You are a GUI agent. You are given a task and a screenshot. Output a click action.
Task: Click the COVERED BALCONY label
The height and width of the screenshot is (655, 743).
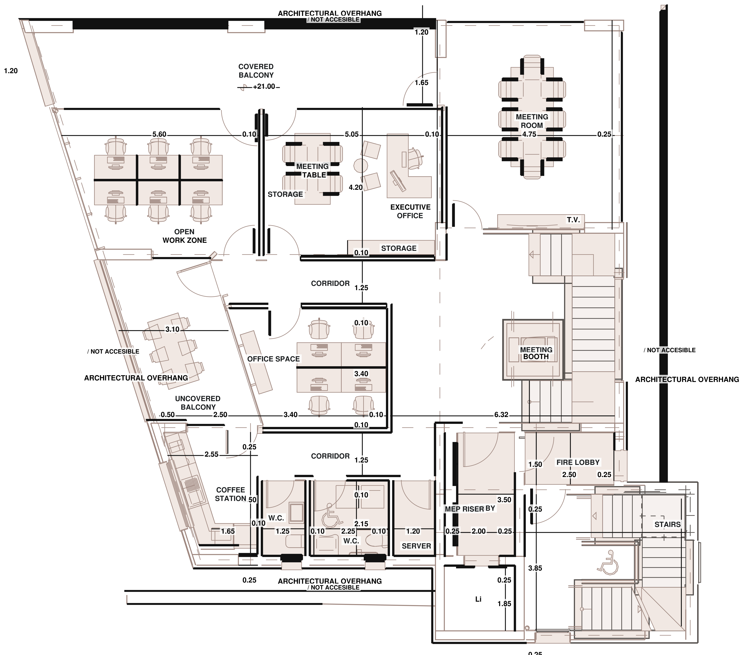click(x=256, y=71)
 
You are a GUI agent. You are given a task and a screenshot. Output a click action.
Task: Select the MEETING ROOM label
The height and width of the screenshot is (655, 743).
click(x=532, y=121)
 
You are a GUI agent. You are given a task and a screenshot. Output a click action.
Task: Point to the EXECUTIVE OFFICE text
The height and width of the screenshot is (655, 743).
click(x=410, y=211)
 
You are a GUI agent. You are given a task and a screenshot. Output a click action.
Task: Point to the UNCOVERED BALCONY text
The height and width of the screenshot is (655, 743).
click(x=198, y=403)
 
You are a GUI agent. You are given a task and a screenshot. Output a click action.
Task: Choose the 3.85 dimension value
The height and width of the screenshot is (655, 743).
click(x=535, y=568)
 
